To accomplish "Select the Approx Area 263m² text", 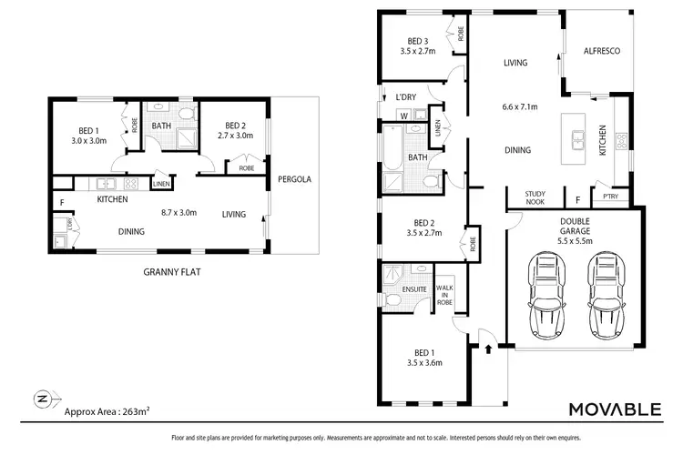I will pyautogui.click(x=107, y=410).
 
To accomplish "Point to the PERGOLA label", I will pyautogui.click(x=294, y=179).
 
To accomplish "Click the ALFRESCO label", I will pyautogui.click(x=601, y=52).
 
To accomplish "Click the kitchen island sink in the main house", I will pyautogui.click(x=577, y=139).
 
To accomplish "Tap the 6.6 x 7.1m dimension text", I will pyautogui.click(x=520, y=107).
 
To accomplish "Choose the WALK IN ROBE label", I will pyautogui.click(x=447, y=294).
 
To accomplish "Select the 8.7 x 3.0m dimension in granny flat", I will pyautogui.click(x=178, y=212).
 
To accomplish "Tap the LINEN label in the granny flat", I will pyautogui.click(x=161, y=184).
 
